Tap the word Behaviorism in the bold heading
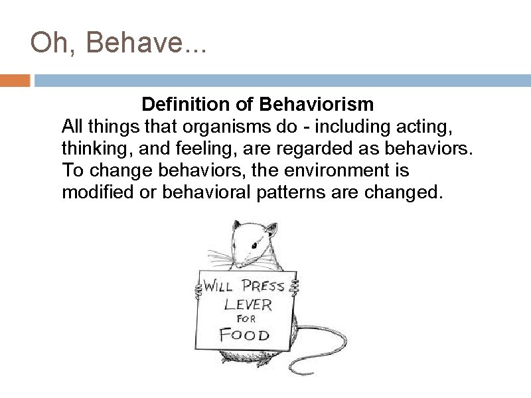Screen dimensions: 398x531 point(317,105)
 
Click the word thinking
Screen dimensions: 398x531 point(92,149)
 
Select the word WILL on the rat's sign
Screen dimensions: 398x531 point(218,287)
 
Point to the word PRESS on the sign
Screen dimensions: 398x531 point(263,287)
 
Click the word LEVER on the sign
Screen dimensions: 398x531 point(248,304)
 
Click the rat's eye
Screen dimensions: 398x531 point(254,246)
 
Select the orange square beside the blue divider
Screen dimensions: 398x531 point(15,81)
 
